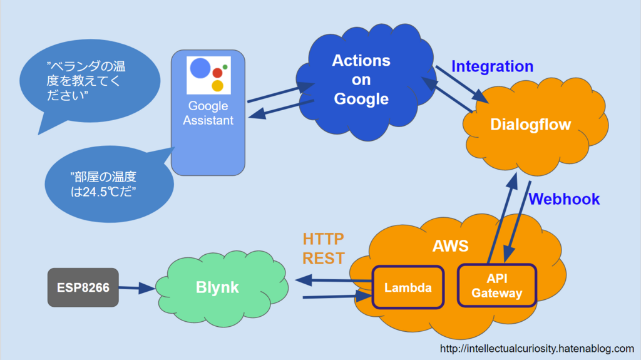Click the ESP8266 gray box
[83, 287]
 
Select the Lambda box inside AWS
[408, 287]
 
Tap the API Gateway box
[496, 285]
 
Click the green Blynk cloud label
[217, 287]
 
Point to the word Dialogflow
[531, 125]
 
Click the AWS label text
[451, 246]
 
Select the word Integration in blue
[492, 66]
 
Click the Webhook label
[564, 199]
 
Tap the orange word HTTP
[324, 239]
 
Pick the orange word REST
[324, 258]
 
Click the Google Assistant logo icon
[208, 75]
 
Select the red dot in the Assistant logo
[217, 73]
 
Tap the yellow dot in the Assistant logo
[217, 86]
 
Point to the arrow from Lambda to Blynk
[334, 280]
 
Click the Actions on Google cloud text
[361, 80]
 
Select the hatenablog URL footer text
[536, 349]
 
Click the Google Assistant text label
[208, 113]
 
